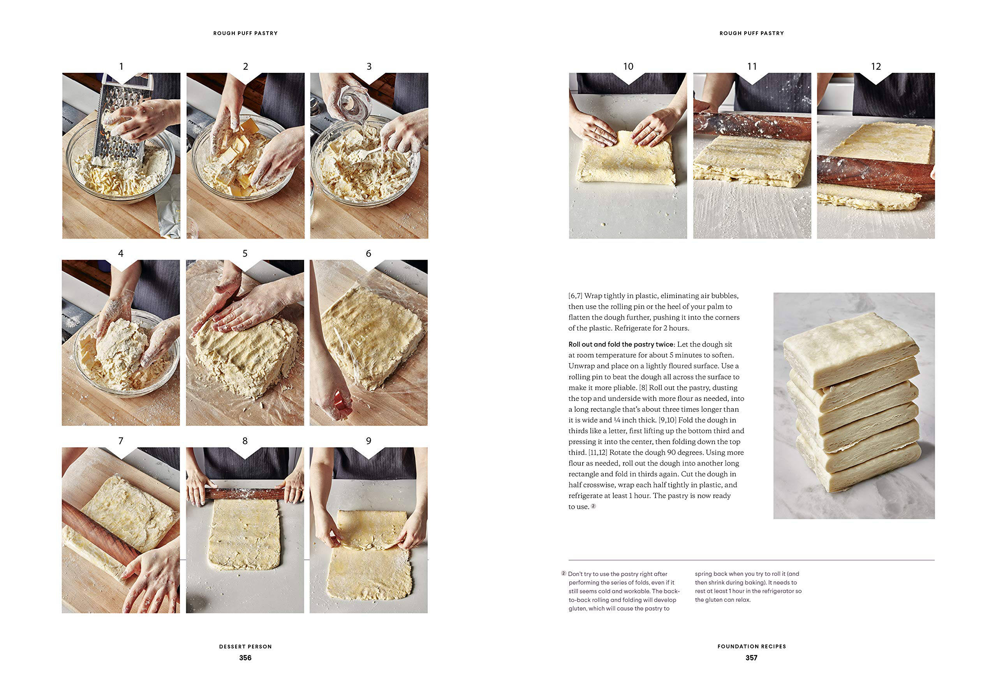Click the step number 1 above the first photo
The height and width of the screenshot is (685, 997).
[121, 67]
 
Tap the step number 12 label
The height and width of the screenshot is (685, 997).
[875, 67]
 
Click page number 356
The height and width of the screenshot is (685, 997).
[245, 657]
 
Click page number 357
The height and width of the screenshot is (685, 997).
[751, 657]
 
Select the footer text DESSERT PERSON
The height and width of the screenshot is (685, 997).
[245, 646]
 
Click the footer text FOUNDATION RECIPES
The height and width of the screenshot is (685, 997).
[751, 646]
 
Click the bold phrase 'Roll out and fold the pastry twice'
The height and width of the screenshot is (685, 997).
[621, 344]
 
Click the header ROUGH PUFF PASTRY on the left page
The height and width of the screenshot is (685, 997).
[245, 33]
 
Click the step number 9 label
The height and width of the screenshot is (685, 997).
[368, 441]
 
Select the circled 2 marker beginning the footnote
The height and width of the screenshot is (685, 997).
[564, 573]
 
